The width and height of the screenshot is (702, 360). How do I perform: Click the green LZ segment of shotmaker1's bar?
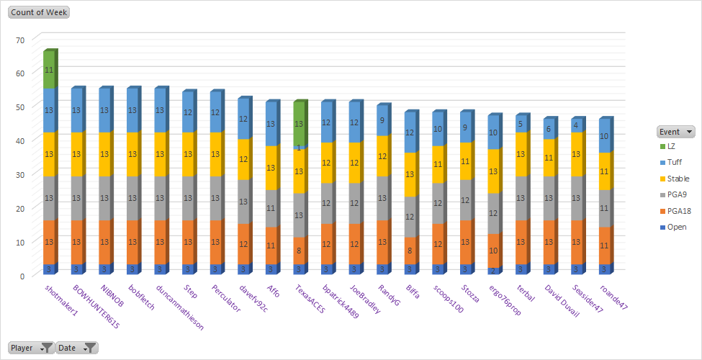pos(49,70)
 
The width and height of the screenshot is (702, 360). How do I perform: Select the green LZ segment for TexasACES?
pos(300,123)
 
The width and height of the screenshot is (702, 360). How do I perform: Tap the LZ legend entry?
pos(671,147)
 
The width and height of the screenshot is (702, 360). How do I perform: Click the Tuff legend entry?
pos(675,163)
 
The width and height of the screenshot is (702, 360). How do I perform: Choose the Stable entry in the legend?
pos(678,179)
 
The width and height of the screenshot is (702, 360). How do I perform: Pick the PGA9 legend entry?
pos(676,194)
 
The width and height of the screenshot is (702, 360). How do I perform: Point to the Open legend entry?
pos(676,227)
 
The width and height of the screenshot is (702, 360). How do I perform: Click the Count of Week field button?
pos(38,13)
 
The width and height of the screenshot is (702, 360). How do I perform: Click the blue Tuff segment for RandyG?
pos(382,120)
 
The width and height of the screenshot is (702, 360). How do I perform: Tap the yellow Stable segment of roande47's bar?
pos(606,171)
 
